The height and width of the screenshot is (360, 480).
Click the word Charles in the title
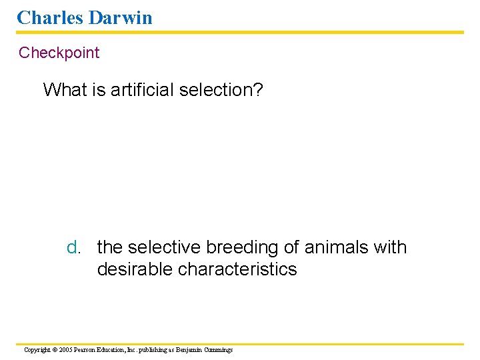(x=48, y=17)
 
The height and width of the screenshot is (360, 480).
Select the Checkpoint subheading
(x=59, y=53)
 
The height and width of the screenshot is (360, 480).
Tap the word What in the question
(x=65, y=89)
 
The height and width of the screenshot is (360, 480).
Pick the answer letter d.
(x=73, y=247)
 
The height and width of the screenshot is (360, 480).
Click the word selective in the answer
(x=164, y=247)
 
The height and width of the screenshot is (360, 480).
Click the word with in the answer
(x=390, y=247)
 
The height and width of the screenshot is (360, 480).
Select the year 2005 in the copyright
(x=65, y=350)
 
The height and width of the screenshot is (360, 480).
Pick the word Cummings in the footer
(x=219, y=350)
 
